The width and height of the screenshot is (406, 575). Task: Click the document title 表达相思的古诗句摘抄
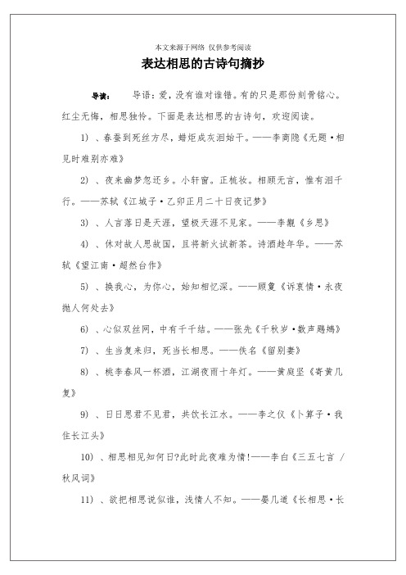coord(202,64)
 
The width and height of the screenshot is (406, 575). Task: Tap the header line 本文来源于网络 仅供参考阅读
coord(202,47)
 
